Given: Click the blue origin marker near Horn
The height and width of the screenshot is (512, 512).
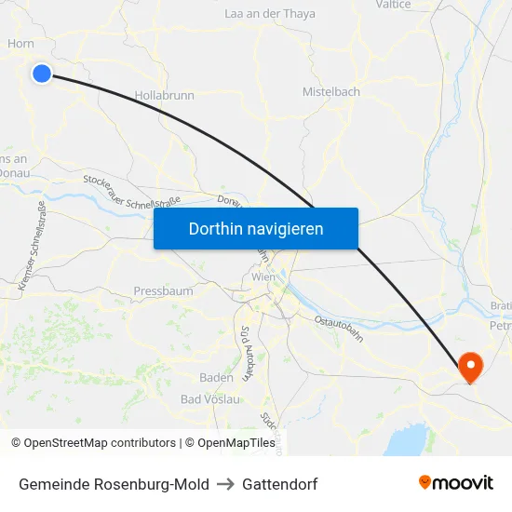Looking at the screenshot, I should click(42, 73).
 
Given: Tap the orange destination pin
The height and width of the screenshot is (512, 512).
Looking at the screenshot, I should click(470, 367).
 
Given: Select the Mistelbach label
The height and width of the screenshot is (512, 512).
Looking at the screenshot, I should click(330, 92).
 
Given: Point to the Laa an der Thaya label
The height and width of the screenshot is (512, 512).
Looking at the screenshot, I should click(270, 14).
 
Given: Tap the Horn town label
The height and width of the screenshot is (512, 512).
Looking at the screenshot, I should click(20, 43).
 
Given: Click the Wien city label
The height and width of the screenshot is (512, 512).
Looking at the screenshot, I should click(263, 276).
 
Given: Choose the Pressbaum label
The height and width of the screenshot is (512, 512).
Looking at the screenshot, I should click(163, 291).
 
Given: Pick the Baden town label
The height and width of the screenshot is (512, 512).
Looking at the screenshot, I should click(216, 377).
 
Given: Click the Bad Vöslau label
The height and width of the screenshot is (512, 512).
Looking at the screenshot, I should click(210, 399).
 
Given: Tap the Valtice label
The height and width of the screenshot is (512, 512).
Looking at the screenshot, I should click(392, 5).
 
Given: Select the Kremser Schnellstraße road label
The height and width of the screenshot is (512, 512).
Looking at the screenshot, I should click(31, 246).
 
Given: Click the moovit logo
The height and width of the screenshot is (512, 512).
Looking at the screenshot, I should click(456, 482).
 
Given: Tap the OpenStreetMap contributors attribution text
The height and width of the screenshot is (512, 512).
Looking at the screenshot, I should click(100, 443).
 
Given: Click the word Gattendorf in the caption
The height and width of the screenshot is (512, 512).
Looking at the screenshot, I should click(279, 484).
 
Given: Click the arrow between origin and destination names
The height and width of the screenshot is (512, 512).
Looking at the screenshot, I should click(227, 484).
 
